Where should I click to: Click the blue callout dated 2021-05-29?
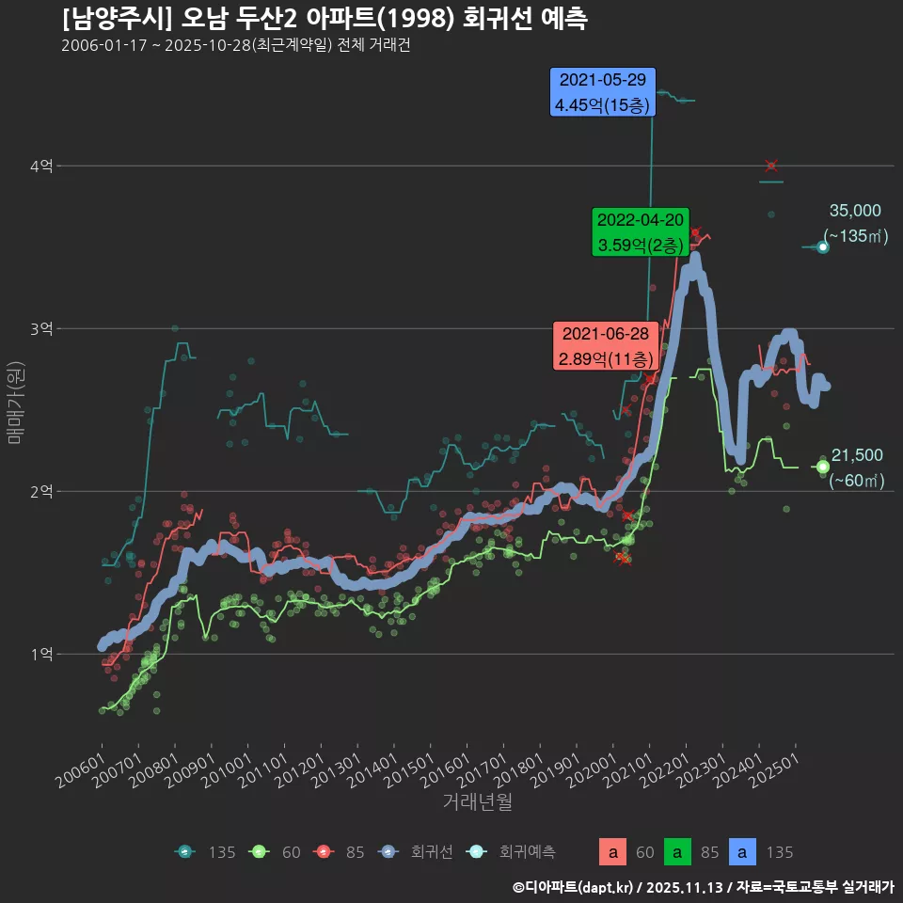[x=602, y=92]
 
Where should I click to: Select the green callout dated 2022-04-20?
[x=641, y=232]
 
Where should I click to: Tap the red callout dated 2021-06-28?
[x=605, y=346]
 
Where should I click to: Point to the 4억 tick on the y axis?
[x=40, y=166]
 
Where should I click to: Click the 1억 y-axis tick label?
[x=40, y=655]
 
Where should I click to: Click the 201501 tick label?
[x=408, y=773]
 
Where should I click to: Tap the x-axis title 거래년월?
[x=478, y=802]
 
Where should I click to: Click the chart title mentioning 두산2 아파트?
[x=325, y=19]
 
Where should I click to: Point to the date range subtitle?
[x=235, y=46]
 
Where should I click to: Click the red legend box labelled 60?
[x=612, y=853]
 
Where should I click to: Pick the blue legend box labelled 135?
[x=743, y=853]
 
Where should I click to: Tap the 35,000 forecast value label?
[x=855, y=211]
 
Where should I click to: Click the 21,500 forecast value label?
[x=857, y=455]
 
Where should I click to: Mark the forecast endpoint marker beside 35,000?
[x=823, y=246]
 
